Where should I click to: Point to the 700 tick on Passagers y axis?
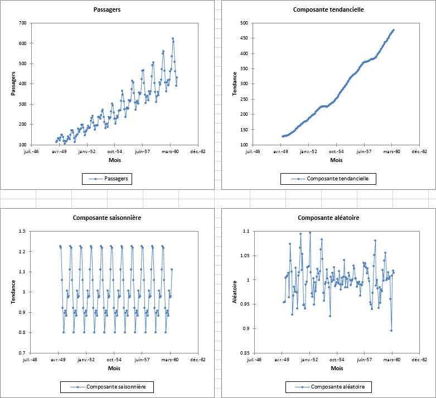(x=22, y=23)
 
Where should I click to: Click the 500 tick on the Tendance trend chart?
(x=244, y=23)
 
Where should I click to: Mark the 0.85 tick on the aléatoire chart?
(x=244, y=353)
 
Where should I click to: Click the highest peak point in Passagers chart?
(x=173, y=39)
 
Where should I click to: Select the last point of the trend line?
(x=394, y=30)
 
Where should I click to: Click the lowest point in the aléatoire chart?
(x=391, y=331)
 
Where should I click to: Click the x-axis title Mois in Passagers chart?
(x=114, y=160)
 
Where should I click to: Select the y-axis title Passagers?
(x=13, y=83)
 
